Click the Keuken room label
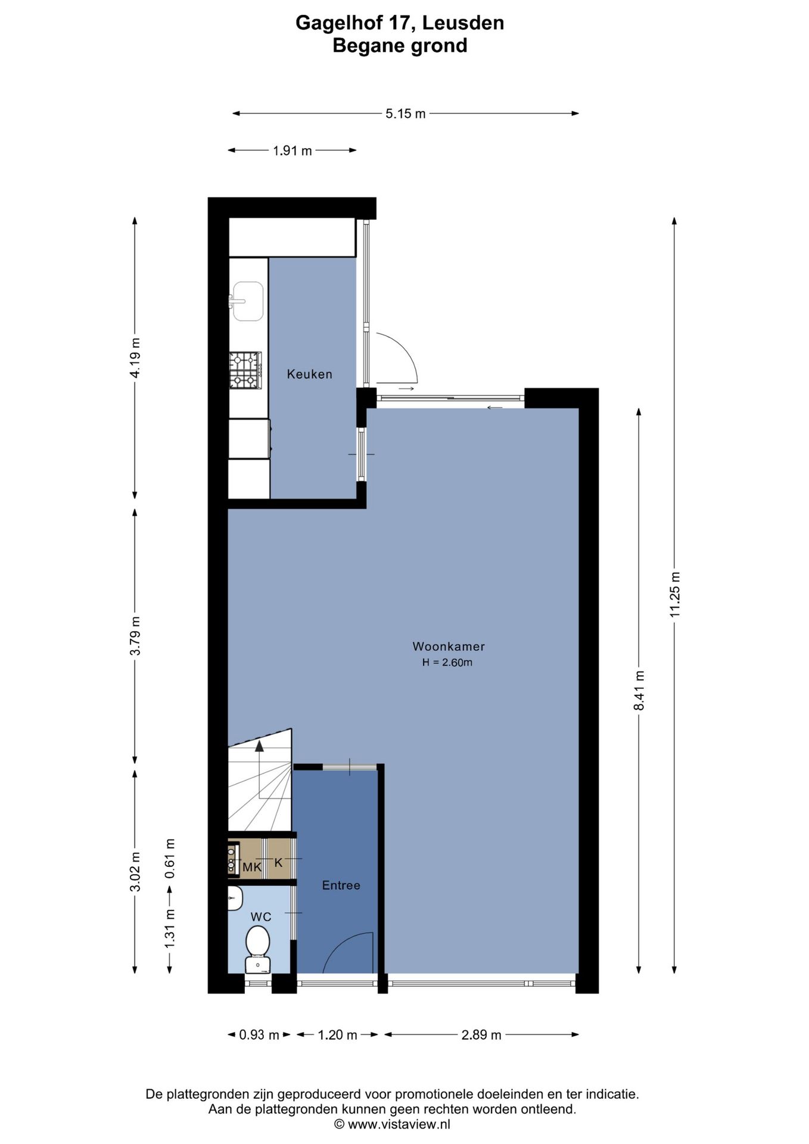click(309, 374)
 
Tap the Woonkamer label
click(448, 646)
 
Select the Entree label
click(341, 885)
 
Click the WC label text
click(261, 917)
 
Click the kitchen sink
click(247, 301)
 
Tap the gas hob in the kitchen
click(245, 370)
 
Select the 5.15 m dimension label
click(406, 114)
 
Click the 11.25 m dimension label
click(674, 594)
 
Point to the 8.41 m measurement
click(639, 690)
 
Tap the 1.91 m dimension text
click(293, 151)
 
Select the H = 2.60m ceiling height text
click(447, 663)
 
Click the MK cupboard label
click(251, 868)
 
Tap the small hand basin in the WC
click(235, 898)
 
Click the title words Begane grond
click(400, 45)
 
